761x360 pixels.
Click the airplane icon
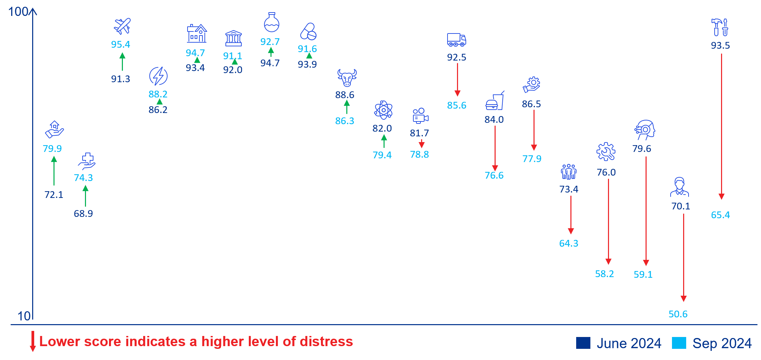pos(122,26)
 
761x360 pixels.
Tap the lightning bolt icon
pos(158,76)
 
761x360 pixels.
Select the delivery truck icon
pos(456,40)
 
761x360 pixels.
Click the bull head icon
pos(347,78)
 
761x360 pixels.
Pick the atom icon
pos(383,110)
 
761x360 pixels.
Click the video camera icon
pos(420,116)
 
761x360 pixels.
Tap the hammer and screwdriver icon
pos(720,27)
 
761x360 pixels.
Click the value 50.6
pos(678,314)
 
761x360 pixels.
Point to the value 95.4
pos(121,44)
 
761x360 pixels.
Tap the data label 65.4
pos(720,215)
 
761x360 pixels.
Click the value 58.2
pos(605,274)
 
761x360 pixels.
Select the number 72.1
pos(54,195)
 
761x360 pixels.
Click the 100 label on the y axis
pos(18,12)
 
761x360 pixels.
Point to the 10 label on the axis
pos(24,316)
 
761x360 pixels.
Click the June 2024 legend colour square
pos(583,343)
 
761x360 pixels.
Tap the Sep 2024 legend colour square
pos(679,343)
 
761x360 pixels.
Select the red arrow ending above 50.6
pos(683,257)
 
